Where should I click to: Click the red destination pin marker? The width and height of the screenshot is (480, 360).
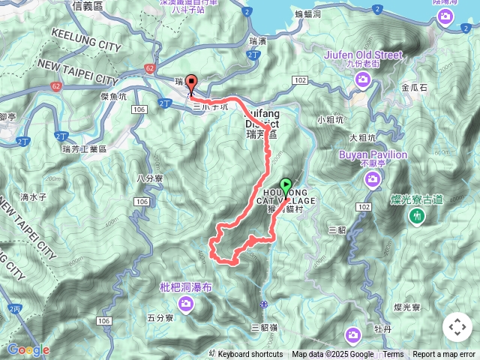click(190, 84)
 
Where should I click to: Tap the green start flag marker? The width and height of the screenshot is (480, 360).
click(286, 185)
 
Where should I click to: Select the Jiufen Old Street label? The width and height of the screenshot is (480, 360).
click(364, 54)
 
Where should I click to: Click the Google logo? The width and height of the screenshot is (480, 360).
click(28, 349)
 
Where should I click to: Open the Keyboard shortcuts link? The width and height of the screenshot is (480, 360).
click(250, 355)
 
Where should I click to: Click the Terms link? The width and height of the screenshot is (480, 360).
click(393, 355)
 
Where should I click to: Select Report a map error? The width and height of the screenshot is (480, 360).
click(444, 355)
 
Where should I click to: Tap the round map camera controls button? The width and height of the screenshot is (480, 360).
click(457, 327)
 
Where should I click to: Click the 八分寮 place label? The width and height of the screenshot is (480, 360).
click(149, 178)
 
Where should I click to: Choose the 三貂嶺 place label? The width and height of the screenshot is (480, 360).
click(265, 327)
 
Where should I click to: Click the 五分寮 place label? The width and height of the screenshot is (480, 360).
click(160, 318)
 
